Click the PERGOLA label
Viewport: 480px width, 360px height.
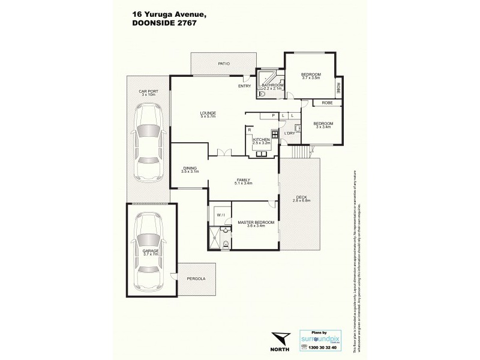[x=196, y=279]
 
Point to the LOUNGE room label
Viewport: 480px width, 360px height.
[x=208, y=113]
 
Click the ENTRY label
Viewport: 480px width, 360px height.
[x=244, y=86]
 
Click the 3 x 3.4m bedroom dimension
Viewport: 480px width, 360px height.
[x=323, y=127]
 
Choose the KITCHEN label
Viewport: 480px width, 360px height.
[x=262, y=139]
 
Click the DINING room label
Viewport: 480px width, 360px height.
[x=189, y=168]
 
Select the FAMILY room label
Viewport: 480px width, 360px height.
[x=243, y=179]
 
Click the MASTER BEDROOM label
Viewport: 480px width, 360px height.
[x=256, y=222]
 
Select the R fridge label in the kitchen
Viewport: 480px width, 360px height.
[x=249, y=129]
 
